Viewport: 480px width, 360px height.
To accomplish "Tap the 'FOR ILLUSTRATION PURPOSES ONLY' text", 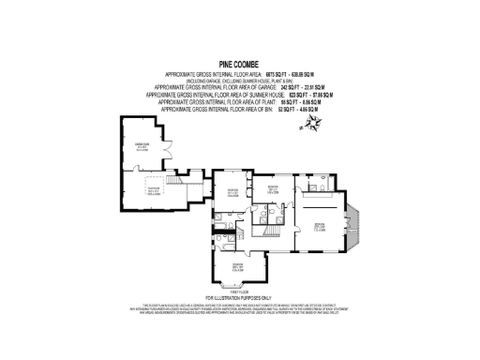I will tap(239, 300).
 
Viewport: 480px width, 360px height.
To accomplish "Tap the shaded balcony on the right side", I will tap(358, 225).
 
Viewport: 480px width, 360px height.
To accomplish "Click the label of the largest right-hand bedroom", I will tap(319, 226).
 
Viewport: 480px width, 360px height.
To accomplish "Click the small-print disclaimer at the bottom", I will tap(239, 309).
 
